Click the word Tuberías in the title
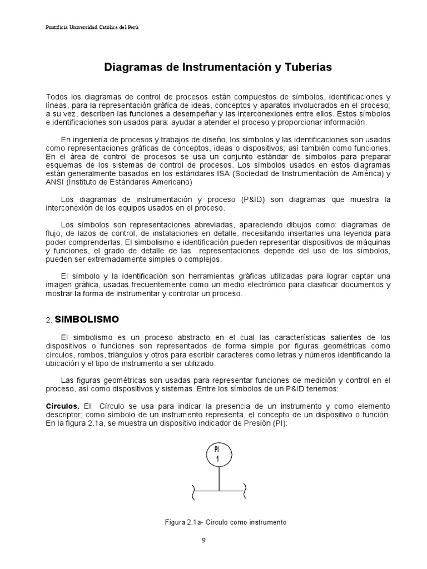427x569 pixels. pos(306,67)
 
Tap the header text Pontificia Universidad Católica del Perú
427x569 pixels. pos(92,27)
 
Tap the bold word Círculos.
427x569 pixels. pos(62,406)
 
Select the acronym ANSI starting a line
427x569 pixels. pos(54,182)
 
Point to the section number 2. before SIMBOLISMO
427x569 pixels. pos(48,321)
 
